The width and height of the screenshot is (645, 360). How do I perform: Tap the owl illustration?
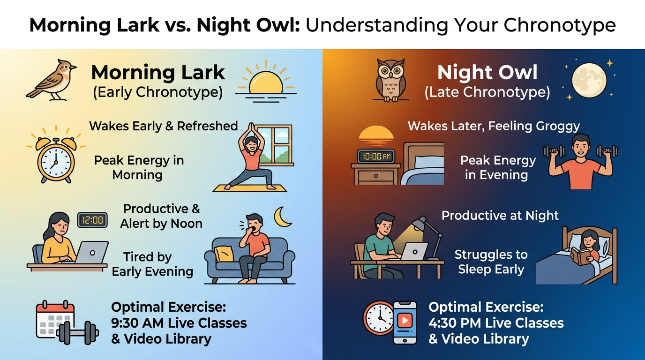391,81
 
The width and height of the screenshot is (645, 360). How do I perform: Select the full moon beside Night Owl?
589,80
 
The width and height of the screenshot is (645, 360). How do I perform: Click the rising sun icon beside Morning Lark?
266,82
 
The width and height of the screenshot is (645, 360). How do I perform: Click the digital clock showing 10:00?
376,156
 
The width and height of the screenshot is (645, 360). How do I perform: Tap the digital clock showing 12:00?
92,220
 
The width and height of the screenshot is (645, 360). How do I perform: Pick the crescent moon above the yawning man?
282,217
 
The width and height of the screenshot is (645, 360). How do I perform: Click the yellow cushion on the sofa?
224,254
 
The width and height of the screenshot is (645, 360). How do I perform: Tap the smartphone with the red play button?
405,323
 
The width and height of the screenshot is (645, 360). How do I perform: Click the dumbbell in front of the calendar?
77,333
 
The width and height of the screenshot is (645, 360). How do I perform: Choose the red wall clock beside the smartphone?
378,318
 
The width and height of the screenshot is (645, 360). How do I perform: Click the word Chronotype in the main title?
560,25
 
